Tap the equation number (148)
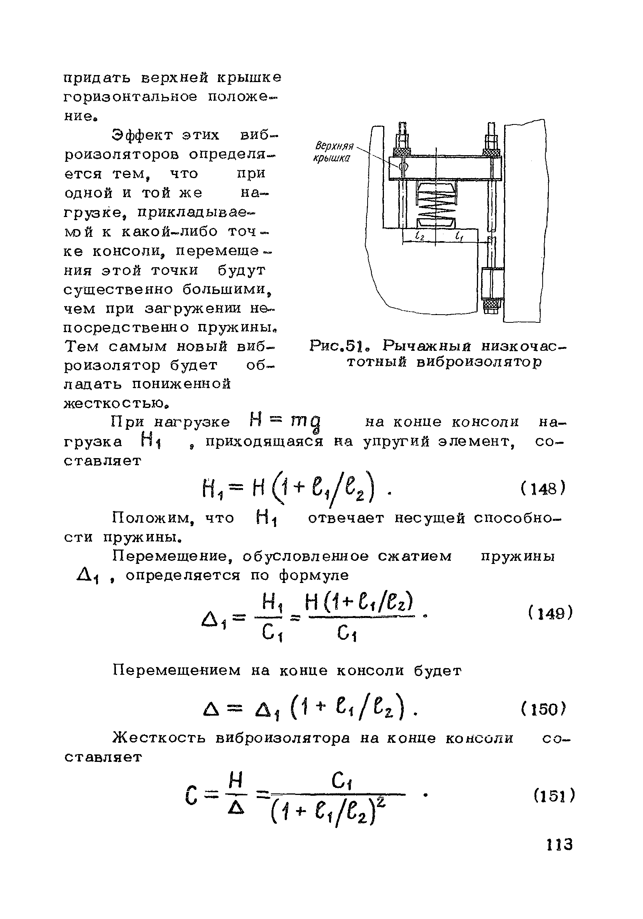click(543, 489)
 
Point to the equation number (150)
click(543, 710)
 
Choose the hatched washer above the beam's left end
click(401, 152)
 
